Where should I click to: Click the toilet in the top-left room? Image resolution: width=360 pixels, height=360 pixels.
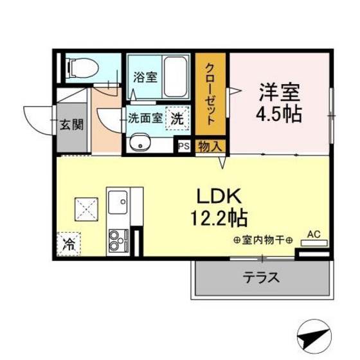pos(83,68)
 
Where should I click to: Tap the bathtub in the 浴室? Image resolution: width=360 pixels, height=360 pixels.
pos(175,76)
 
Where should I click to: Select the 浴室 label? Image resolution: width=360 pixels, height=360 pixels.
pos(145,77)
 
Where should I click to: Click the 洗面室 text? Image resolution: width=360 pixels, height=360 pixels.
pos(145,118)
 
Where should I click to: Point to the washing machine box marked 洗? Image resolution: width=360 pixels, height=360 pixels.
pos(177,118)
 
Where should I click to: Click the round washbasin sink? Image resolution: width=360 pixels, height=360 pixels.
pos(139,142)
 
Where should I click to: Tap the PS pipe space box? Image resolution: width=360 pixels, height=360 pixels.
pos(184,146)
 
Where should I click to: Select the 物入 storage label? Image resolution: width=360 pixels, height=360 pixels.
pos(210,147)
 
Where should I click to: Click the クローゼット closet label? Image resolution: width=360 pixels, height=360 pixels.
pos(210,94)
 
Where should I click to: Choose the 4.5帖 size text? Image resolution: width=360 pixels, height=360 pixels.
pos(279,114)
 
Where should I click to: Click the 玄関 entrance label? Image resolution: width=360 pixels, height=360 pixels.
pos(71,125)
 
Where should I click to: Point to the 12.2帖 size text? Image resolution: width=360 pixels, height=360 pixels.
pos(219,218)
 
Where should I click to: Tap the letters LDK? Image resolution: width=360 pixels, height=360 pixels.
pos(219,196)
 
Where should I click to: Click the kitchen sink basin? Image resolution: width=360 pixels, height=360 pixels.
pos(118,202)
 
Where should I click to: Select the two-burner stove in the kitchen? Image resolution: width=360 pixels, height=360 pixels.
pos(118,240)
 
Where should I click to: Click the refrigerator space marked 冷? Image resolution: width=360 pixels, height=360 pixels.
pos(69,244)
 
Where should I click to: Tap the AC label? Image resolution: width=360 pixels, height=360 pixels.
pos(314,235)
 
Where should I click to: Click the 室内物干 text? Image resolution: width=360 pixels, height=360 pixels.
pos(263,241)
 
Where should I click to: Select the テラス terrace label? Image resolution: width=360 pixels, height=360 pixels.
pos(262,278)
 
